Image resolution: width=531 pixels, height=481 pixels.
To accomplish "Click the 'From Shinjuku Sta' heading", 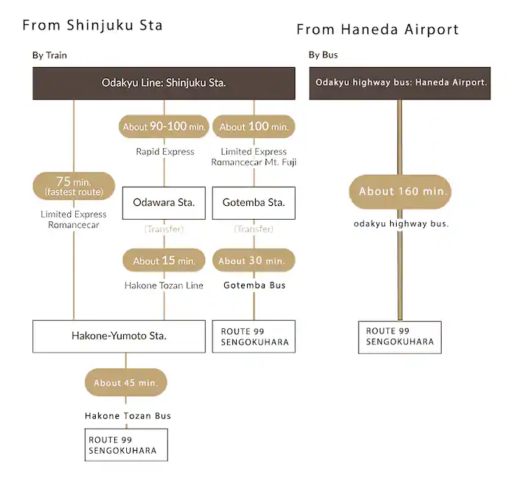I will coord(92,26).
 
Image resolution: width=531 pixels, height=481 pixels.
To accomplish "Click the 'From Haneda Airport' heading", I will coord(378,30).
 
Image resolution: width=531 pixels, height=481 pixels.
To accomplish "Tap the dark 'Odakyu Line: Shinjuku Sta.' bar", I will coord(164,83).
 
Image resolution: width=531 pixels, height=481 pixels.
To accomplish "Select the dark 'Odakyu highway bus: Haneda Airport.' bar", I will coord(400,83).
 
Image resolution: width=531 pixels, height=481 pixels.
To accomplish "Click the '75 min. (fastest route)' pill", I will coord(74,186).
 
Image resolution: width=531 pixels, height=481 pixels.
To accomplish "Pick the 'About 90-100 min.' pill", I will coord(164,126).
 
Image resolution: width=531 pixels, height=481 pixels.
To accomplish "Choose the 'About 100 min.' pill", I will coord(254,126).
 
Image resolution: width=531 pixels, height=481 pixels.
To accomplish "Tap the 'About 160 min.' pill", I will coord(400,191).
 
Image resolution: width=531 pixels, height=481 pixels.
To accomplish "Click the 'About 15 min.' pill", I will coord(164,260).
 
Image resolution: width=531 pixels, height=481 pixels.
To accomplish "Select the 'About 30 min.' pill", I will coord(254,260).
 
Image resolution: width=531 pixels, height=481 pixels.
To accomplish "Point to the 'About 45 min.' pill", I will coord(125,383).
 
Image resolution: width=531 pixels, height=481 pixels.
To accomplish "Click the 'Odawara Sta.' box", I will coord(164,203).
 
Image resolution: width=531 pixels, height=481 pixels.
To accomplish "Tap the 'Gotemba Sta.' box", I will coord(254,203).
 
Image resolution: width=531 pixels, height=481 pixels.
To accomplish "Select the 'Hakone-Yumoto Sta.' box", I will coord(119,336).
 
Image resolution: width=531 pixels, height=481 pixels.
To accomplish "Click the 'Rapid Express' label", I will coord(164,152).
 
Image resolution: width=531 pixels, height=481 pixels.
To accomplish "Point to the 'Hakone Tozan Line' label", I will coord(164,286).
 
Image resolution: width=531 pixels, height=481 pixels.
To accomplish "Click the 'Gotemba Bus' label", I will coord(254,286).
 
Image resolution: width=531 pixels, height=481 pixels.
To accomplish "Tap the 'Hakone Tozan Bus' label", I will coord(127,416).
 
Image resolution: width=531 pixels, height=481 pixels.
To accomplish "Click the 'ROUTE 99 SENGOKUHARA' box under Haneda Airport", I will coord(400,337).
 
